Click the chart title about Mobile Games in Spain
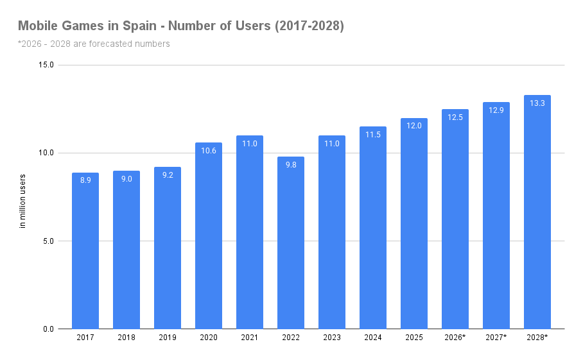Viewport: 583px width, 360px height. (181, 26)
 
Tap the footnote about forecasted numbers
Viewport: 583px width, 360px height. (94, 44)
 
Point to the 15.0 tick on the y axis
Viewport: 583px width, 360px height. (46, 65)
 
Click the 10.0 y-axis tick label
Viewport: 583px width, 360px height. (46, 153)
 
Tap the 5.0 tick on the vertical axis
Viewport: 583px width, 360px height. (48, 241)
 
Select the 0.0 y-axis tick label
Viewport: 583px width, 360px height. (48, 329)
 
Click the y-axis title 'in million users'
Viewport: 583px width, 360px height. (22, 201)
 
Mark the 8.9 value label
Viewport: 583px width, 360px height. (85, 181)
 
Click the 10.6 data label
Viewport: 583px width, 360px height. (209, 151)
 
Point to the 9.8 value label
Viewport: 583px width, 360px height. (291, 165)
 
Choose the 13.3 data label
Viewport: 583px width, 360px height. (537, 103)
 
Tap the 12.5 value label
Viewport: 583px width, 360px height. (455, 117)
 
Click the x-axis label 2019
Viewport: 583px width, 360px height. (168, 338)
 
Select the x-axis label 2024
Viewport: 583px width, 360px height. (373, 338)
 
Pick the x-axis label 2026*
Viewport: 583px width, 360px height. (455, 338)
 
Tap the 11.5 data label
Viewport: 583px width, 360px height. (373, 135)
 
